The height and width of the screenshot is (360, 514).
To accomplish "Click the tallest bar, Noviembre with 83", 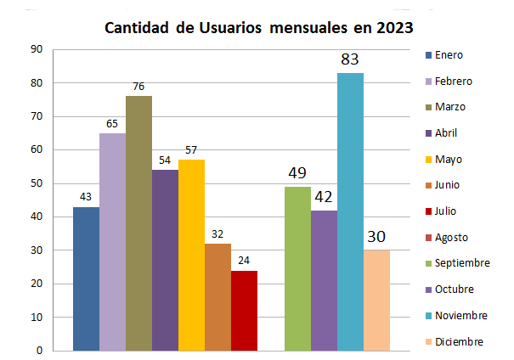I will pos(350,211).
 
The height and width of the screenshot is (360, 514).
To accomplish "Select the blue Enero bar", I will pos(86,278).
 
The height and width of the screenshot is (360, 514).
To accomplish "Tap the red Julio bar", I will pos(244,310).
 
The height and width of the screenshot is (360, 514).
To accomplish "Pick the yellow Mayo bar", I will pos(191,255).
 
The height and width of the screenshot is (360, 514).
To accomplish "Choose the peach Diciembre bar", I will pos(376,300).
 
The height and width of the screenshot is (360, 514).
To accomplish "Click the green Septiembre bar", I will pos(297,268).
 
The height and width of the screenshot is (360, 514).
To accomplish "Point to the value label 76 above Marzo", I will pos(138,87).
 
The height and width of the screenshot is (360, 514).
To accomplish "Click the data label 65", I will pos(112,124).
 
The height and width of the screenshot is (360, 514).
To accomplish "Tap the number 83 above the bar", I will pos(350,60).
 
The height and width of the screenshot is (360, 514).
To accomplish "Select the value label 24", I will pos(244,262).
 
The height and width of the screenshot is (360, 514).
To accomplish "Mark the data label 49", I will pos(297,174).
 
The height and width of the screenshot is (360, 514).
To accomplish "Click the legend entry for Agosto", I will pos(451,238).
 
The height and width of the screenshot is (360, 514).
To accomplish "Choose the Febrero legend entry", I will pos(453,82).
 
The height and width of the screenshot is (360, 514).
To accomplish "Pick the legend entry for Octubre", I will pos(453,290).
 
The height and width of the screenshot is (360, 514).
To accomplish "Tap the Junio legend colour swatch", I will pos(427,186).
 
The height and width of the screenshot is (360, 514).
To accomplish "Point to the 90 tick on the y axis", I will pos(37,49).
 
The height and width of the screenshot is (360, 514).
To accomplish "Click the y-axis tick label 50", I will pos(37,183).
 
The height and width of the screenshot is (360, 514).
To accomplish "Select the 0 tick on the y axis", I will pos(40,351).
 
